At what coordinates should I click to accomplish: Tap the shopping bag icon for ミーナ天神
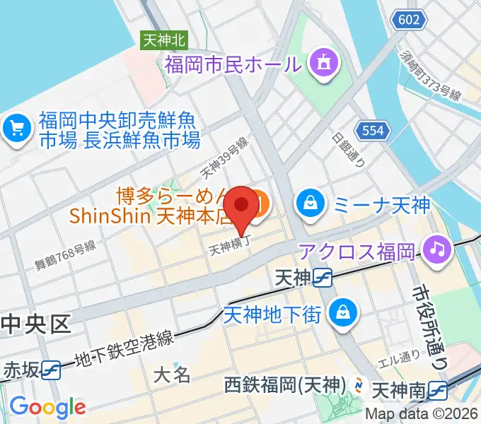pyautogui.click(x=310, y=204)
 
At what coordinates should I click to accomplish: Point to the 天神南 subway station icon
pyautogui.click(x=438, y=389)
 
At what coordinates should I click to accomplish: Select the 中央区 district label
pyautogui.click(x=37, y=324)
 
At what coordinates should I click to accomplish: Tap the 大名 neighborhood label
pyautogui.click(x=172, y=373)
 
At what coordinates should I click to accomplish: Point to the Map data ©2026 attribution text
pyautogui.click(x=422, y=415)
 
